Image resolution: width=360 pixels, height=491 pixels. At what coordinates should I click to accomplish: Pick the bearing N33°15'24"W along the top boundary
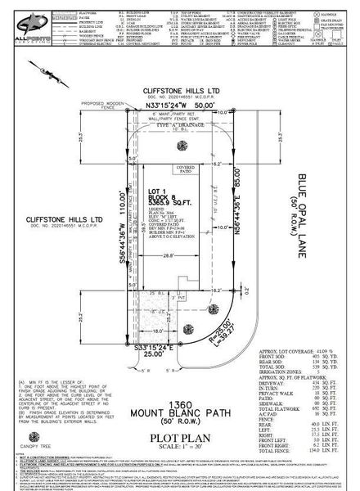pos(181,105)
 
